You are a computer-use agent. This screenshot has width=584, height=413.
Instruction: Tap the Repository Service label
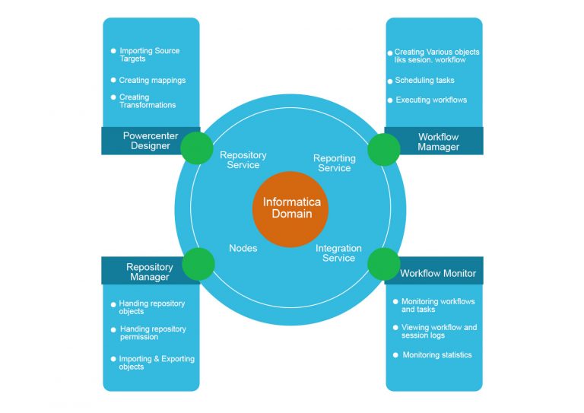[x=243, y=160]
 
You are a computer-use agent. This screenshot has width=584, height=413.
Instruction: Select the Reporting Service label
[x=334, y=163]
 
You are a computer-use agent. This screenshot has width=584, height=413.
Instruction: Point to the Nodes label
[x=243, y=248]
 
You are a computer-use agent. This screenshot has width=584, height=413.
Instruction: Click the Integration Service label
[x=338, y=253]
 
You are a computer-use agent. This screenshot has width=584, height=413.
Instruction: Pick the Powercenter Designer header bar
[x=151, y=141]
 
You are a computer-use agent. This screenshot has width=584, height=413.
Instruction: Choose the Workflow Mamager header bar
[x=438, y=141]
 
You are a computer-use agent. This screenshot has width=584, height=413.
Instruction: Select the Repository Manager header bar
[x=149, y=272]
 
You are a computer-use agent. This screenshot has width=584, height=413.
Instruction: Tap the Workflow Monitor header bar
[x=438, y=273]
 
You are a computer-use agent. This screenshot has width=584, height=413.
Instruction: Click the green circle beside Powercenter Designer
[x=198, y=148]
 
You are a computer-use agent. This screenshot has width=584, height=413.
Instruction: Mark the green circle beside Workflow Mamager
[x=384, y=149]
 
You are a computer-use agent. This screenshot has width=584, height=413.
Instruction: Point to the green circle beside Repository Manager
[x=198, y=263]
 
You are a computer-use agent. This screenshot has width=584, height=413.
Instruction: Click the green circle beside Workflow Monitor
[x=384, y=263]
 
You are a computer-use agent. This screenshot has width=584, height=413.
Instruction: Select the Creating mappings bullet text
[x=152, y=80]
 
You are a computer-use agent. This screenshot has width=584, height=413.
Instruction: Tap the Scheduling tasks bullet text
[x=424, y=80]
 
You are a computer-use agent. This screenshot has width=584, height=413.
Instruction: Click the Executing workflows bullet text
[x=431, y=100]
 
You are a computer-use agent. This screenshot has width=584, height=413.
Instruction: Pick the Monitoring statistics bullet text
[x=436, y=354]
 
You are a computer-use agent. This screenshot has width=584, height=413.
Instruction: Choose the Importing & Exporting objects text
[x=157, y=363]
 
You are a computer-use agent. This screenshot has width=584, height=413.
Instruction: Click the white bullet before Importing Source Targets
[x=113, y=51]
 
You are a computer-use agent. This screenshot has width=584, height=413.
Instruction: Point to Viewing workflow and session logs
[x=439, y=331]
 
